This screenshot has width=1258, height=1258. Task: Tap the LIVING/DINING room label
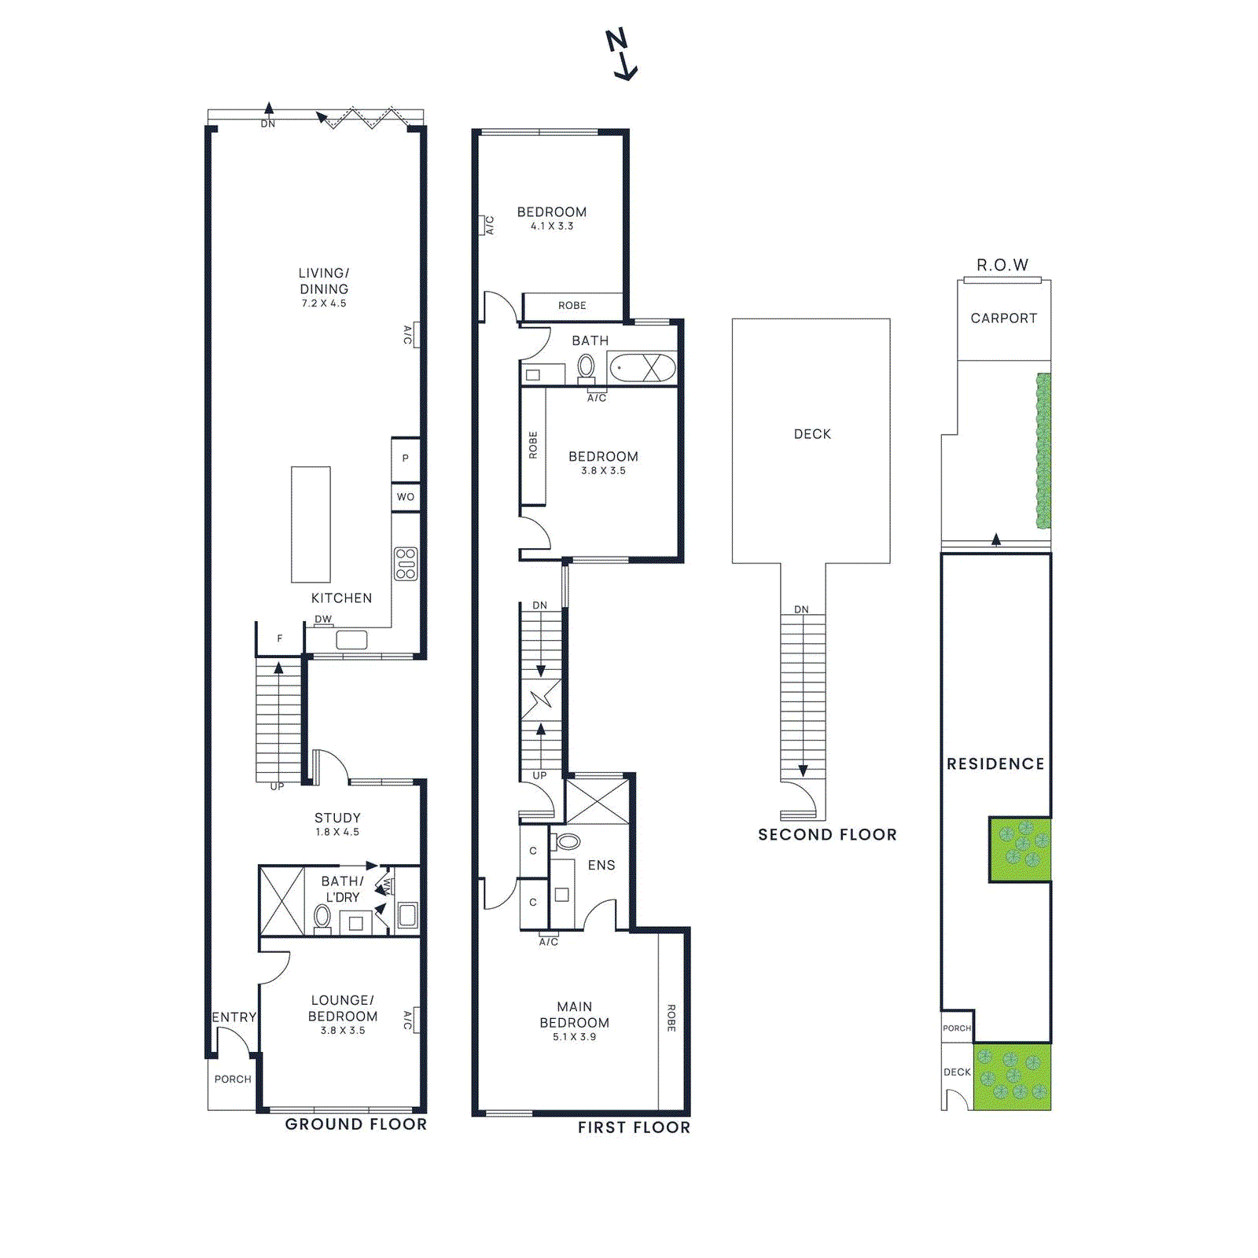(323, 281)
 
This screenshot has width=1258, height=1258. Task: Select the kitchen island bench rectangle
(311, 524)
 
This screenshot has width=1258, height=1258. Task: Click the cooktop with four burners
(406, 564)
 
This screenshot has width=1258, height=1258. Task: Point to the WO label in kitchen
(405, 497)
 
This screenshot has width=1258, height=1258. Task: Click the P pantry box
(405, 458)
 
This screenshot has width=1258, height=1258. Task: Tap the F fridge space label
(279, 639)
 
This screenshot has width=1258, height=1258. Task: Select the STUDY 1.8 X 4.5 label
(337, 823)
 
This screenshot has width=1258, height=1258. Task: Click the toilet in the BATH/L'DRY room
(322, 917)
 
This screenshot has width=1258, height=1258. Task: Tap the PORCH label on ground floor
(233, 1079)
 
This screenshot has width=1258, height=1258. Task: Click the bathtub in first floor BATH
(642, 368)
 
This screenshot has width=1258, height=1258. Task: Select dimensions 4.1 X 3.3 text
(552, 226)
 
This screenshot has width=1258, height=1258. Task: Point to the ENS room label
(601, 865)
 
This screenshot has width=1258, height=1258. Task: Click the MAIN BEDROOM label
(574, 1014)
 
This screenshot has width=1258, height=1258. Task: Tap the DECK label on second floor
(812, 434)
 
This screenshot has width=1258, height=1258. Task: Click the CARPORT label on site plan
(1003, 318)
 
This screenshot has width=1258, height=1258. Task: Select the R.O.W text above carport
(1002, 265)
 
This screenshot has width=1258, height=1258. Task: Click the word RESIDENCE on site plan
(995, 764)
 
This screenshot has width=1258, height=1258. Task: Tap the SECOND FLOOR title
(827, 835)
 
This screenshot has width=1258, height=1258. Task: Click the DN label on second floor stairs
(801, 609)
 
